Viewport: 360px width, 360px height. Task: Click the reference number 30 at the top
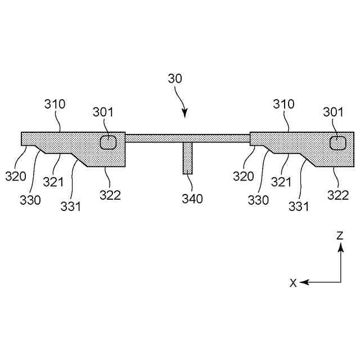[x=175, y=79]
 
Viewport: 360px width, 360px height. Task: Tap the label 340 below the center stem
[x=192, y=198]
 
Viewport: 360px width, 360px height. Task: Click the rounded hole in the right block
[x=338, y=143]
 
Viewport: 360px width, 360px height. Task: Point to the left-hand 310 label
[x=55, y=104]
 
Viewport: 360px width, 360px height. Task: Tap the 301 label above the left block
[x=103, y=112]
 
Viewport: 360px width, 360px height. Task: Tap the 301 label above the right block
[x=334, y=112]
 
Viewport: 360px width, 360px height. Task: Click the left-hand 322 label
[x=111, y=195]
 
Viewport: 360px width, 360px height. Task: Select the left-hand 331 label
[x=71, y=206]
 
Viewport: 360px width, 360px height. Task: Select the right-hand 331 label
[x=299, y=206]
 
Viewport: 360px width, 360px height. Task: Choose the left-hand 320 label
[x=16, y=176]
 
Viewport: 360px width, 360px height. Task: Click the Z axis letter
[x=340, y=236]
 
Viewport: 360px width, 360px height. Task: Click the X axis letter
[x=293, y=283]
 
